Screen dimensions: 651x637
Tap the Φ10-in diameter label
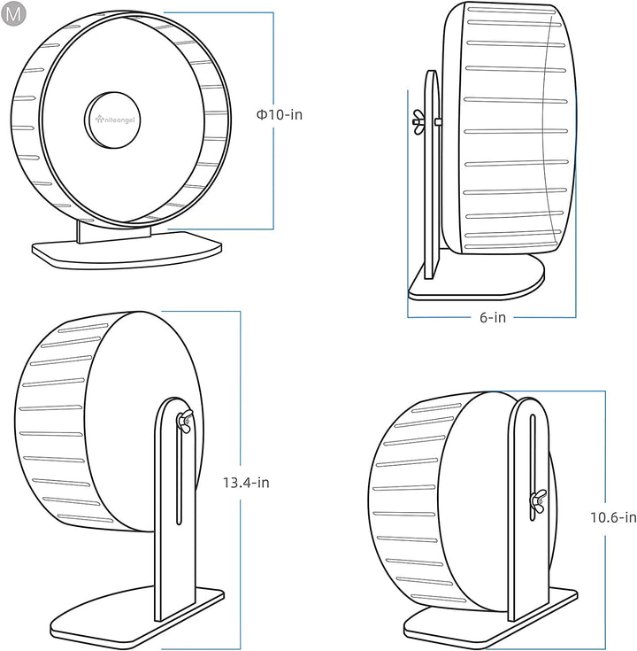pyautogui.click(x=279, y=114)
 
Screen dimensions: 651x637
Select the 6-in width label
pyautogui.click(x=492, y=317)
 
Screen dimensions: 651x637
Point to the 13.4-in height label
pyautogui.click(x=246, y=483)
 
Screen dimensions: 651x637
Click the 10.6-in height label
pyautogui.click(x=613, y=517)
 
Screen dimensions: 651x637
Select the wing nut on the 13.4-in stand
pyautogui.click(x=184, y=422)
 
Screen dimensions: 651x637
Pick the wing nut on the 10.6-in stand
pyautogui.click(x=537, y=503)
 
